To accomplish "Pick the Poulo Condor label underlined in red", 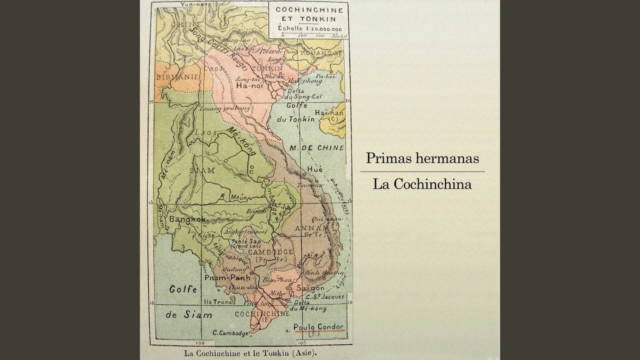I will pos(318,326).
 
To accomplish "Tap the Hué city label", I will pos(315,169).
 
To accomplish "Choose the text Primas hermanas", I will pos(422,158).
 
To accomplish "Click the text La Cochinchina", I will pos(422,184).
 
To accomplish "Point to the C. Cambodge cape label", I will pos(230,333).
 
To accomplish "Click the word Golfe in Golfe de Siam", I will pos(182,289).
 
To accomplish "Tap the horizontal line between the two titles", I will pos(422,171).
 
